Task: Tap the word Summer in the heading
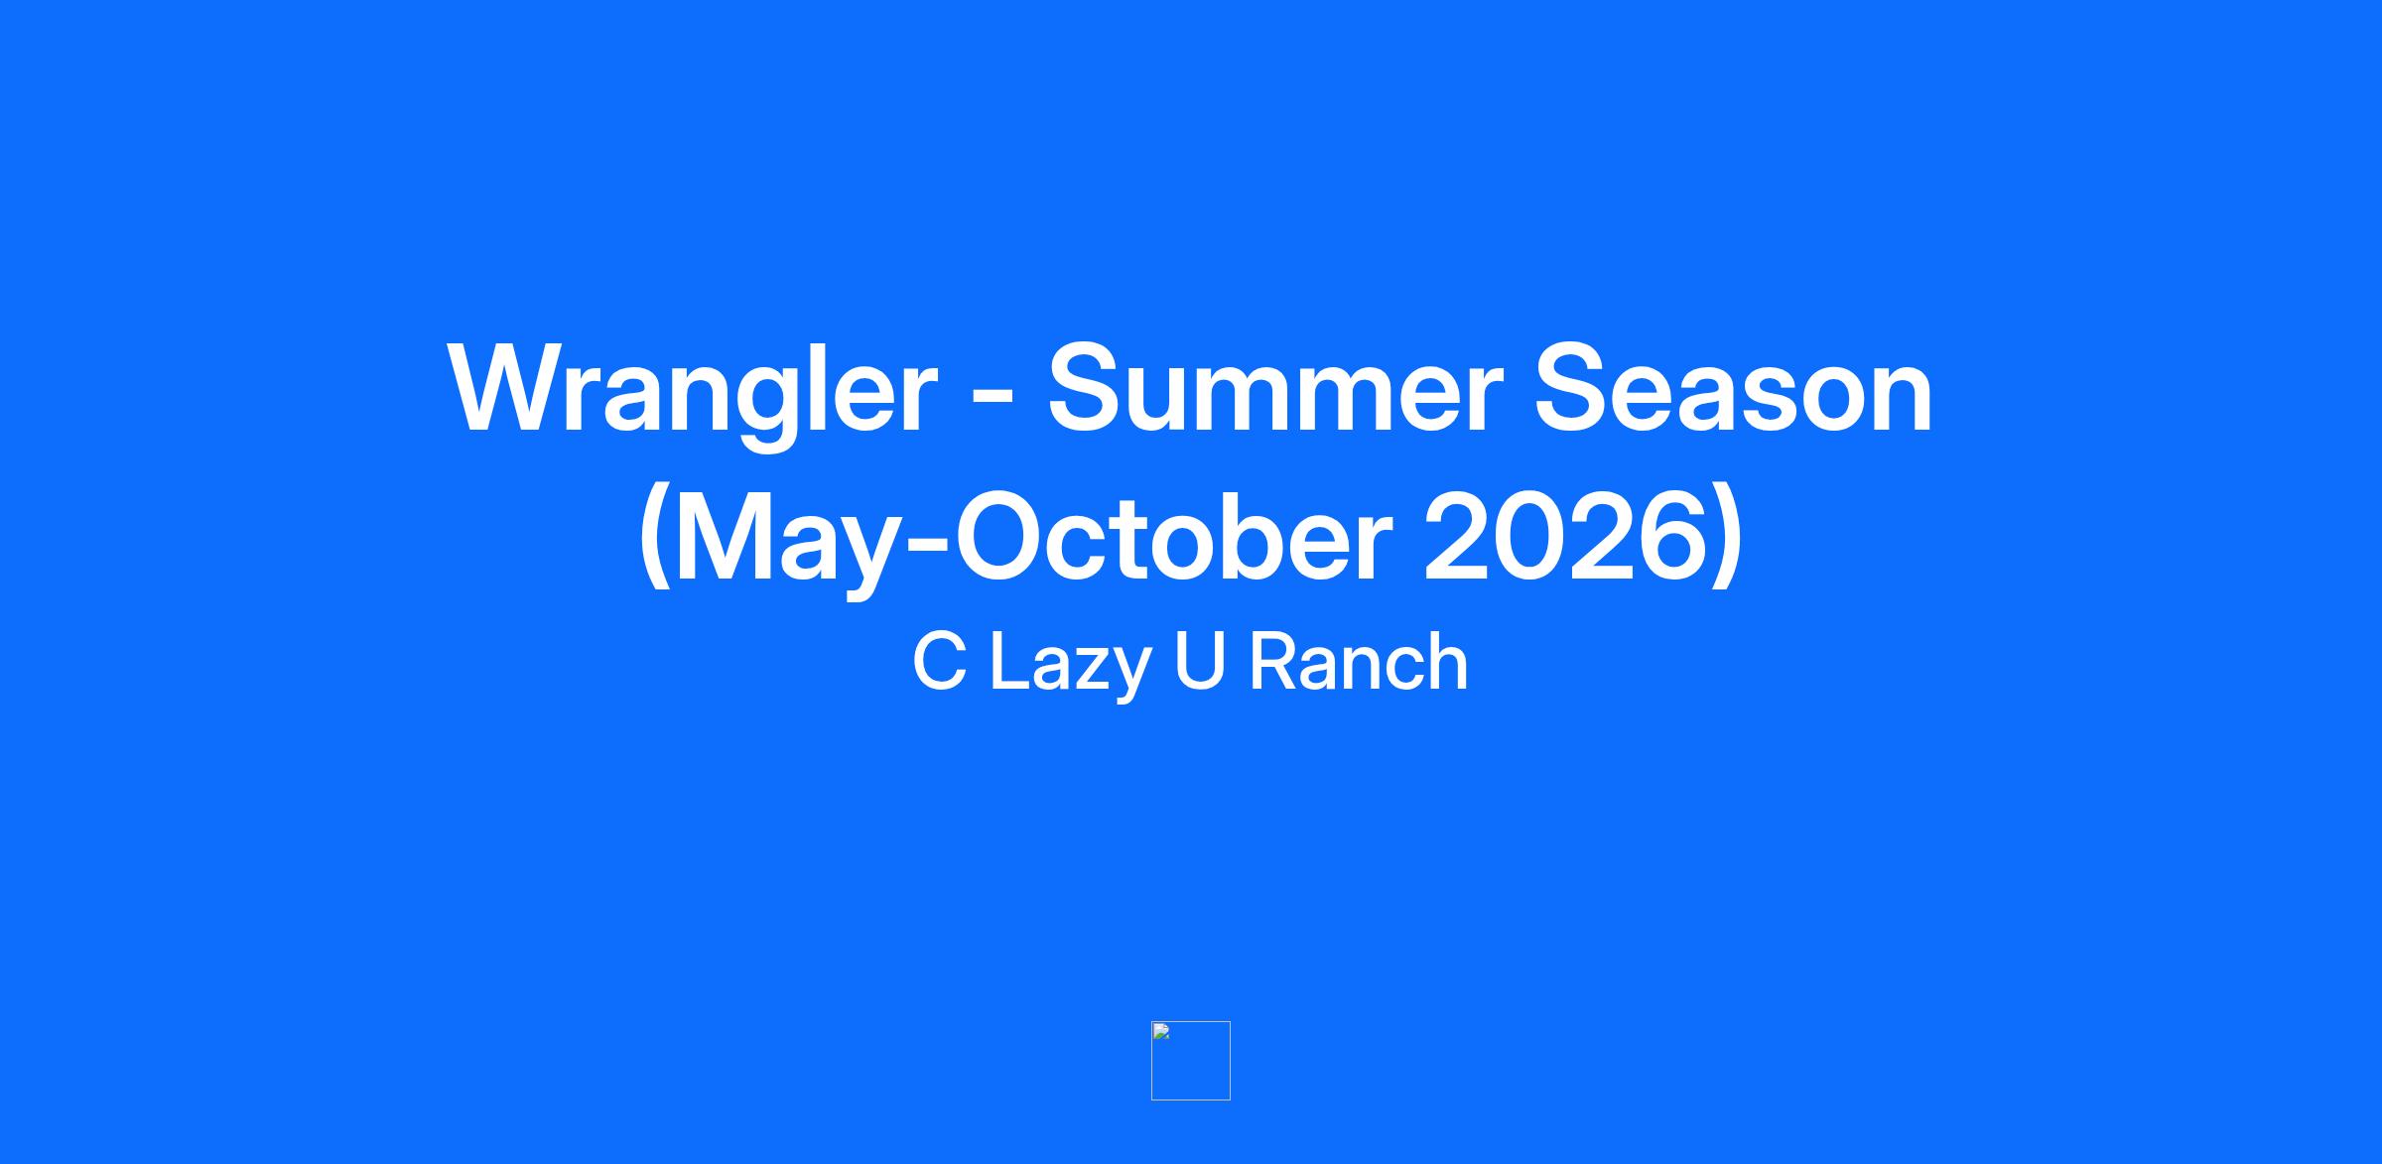click(x=1272, y=387)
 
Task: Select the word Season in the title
click(x=1733, y=387)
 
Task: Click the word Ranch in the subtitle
click(x=1359, y=662)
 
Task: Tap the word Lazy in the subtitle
click(x=1070, y=667)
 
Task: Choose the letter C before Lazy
click(x=939, y=662)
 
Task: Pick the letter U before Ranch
click(x=1200, y=662)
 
